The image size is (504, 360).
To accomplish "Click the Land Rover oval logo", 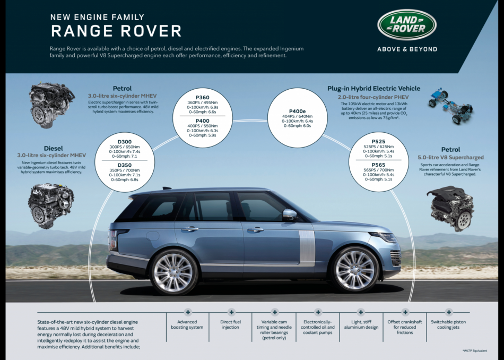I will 407,24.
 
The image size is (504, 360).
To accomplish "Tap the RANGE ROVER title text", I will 116,31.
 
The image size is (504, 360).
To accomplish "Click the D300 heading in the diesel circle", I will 125,142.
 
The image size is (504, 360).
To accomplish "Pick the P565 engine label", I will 378,165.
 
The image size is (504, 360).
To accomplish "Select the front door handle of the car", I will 255,229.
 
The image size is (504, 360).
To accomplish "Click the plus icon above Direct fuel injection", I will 231,312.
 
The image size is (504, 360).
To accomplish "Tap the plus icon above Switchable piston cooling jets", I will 449,312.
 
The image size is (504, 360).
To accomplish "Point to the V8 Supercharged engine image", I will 450,208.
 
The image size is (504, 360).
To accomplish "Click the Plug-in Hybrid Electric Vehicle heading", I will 373,88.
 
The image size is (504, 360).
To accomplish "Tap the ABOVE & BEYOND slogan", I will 407,49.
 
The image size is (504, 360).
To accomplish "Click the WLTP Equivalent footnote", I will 474,351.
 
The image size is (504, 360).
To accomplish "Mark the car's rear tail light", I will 112,239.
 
